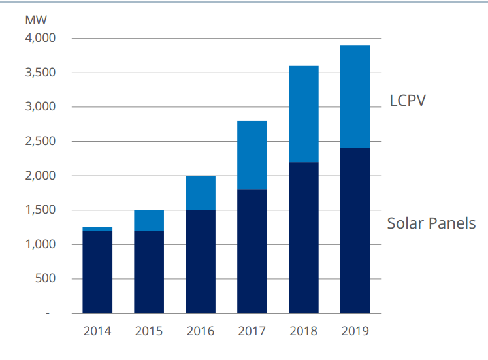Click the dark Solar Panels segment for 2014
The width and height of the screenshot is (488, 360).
(97, 272)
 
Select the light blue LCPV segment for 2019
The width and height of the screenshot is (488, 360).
(355, 97)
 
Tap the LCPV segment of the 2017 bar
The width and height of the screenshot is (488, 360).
(252, 155)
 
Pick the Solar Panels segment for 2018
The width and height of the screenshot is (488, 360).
(304, 238)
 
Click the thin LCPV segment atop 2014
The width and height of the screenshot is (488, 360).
(97, 229)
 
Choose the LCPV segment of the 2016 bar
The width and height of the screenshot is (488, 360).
(201, 193)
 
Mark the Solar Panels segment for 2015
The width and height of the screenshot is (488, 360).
(149, 272)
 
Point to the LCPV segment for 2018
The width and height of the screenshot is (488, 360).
(304, 114)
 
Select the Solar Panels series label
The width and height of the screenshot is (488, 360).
(431, 223)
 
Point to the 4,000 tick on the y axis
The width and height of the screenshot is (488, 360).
(41, 38)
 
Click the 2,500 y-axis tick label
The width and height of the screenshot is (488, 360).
(41, 141)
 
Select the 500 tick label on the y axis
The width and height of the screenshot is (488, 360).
(46, 279)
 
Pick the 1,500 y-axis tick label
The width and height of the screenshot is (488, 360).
(41, 210)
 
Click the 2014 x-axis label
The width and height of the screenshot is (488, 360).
(97, 331)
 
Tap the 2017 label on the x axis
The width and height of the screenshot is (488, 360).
(252, 331)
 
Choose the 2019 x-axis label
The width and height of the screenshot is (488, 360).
(355, 331)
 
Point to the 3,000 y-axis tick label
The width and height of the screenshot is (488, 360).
(41, 106)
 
